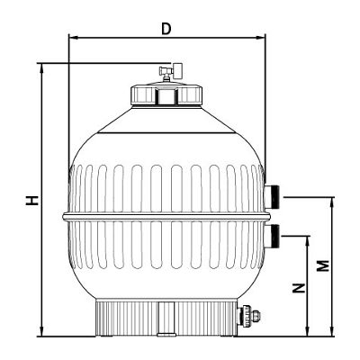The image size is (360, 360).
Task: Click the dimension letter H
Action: click(x=31, y=200)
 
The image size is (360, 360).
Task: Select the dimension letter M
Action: click(x=323, y=265)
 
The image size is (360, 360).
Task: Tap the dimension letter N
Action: click(x=299, y=288)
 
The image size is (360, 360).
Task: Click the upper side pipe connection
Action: click(x=272, y=196)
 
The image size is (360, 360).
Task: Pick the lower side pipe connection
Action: click(x=272, y=236)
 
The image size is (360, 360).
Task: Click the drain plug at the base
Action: click(x=248, y=315)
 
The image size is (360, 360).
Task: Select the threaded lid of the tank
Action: click(x=166, y=94)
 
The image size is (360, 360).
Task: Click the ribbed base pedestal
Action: click(x=166, y=318)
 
